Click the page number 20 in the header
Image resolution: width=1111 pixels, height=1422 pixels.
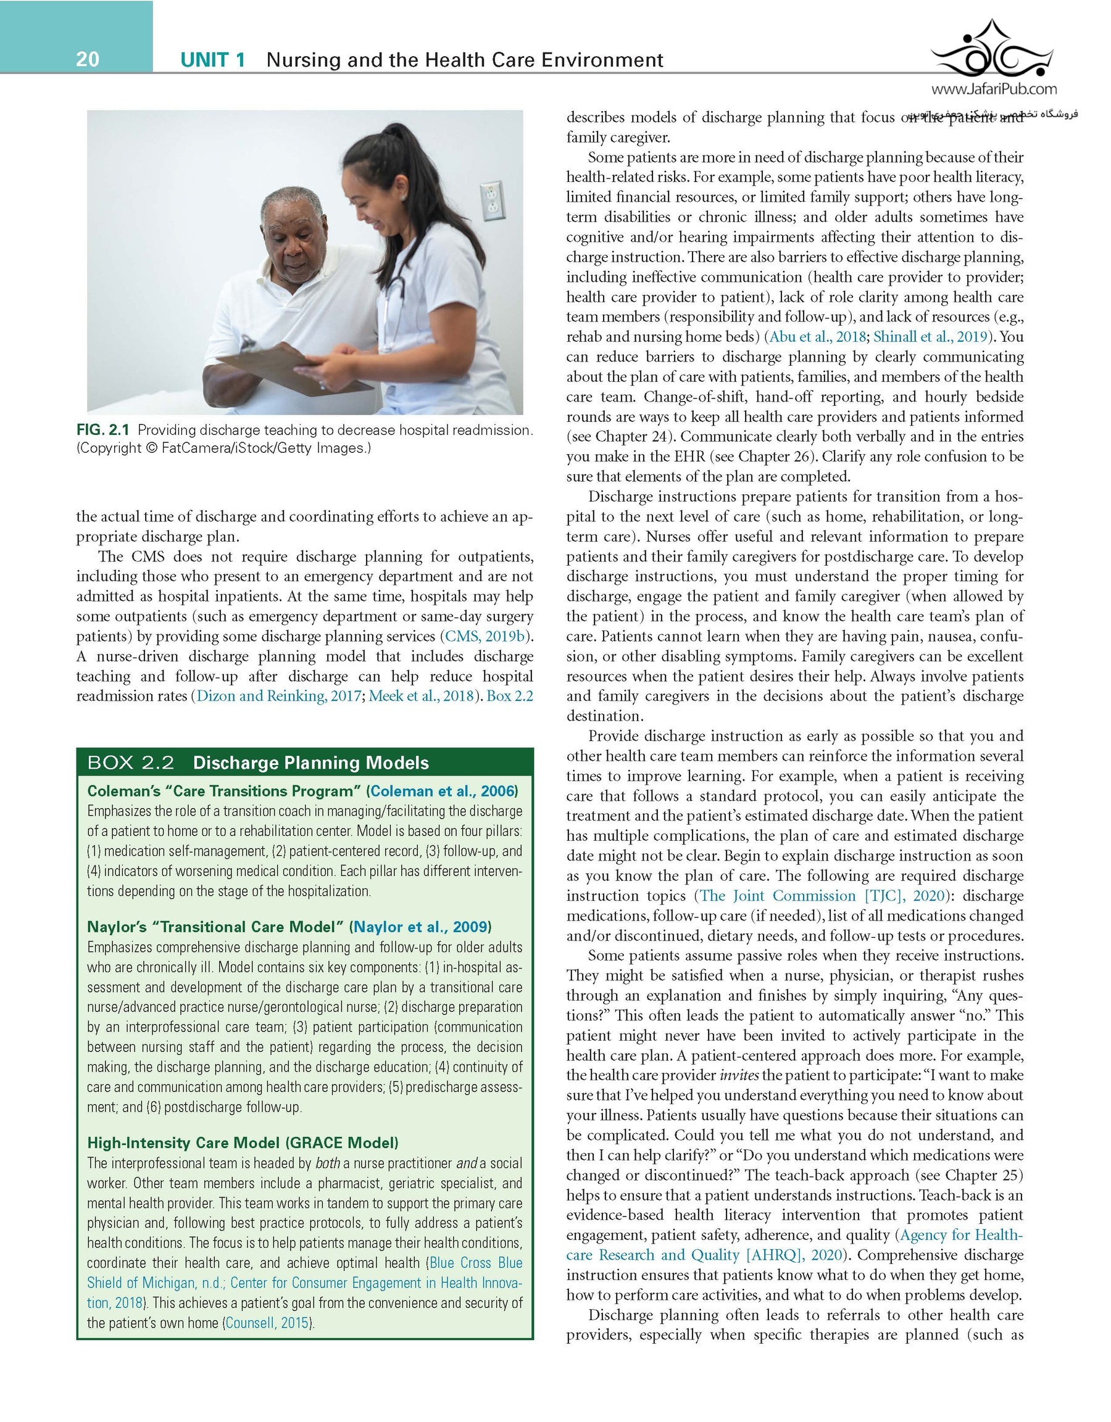pos(88,59)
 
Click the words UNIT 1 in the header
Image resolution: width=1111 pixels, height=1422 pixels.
pos(212,60)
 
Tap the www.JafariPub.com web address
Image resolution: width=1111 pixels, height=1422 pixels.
pos(994,89)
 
